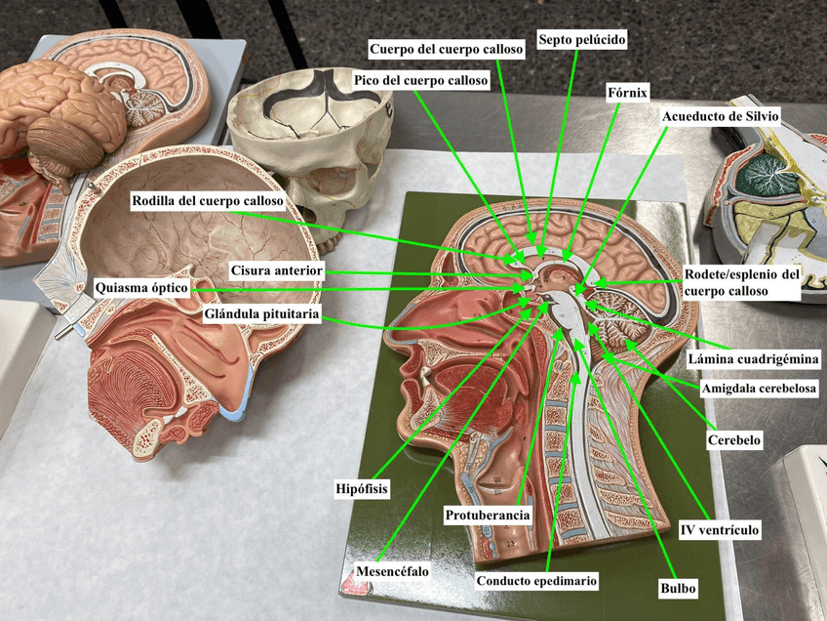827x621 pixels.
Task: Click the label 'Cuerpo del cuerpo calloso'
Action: [448, 48]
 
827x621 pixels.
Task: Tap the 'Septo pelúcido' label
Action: [582, 40]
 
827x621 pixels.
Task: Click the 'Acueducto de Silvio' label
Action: [721, 116]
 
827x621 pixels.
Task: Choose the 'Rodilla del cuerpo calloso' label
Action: [208, 201]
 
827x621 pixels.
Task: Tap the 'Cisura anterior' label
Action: [276, 269]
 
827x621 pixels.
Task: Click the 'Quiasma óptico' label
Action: [141, 289]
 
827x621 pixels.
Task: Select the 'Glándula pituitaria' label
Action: [263, 315]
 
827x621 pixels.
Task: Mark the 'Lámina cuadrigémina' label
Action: [753, 358]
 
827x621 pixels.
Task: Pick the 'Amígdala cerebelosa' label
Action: [759, 389]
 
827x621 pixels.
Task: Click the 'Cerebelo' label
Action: [733, 440]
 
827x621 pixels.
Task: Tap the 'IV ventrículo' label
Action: [719, 530]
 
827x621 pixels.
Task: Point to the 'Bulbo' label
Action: [678, 589]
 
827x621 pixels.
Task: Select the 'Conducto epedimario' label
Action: [536, 581]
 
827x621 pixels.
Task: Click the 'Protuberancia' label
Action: [487, 515]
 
